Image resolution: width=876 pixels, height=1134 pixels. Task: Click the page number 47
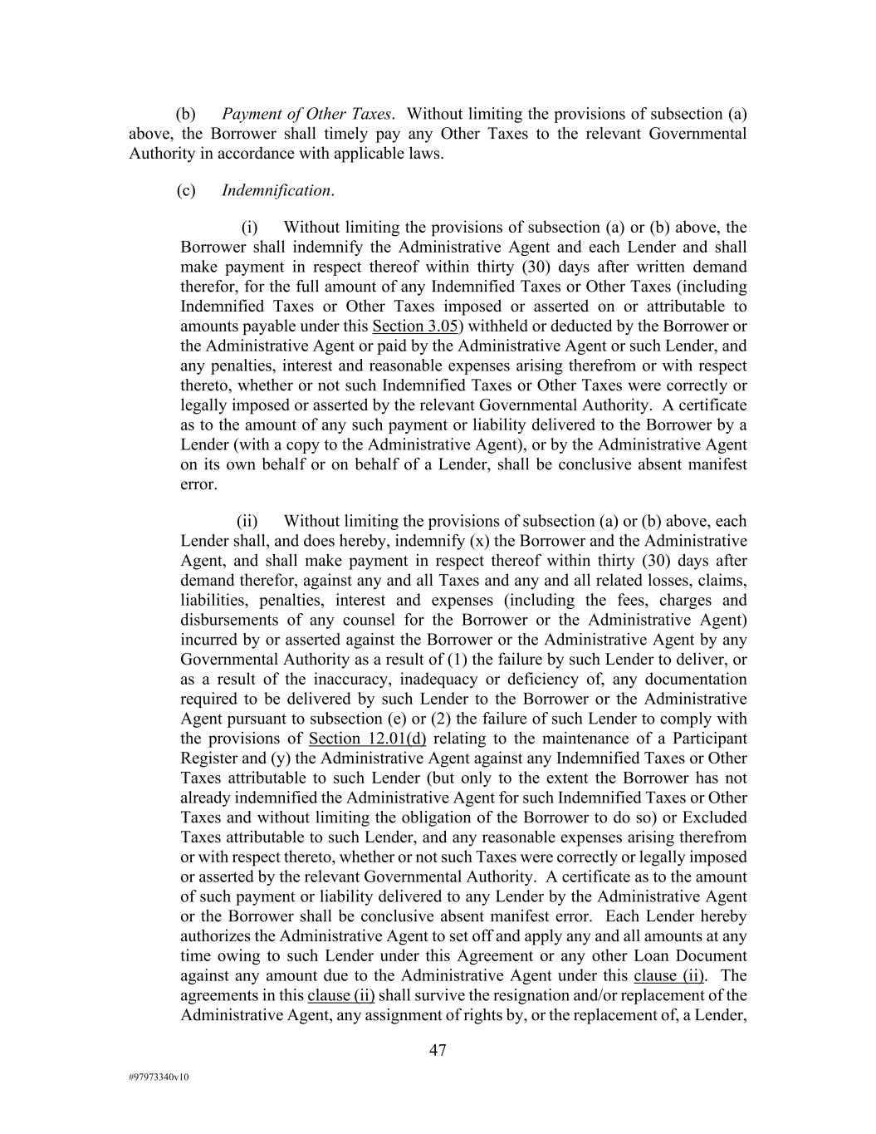click(438, 1050)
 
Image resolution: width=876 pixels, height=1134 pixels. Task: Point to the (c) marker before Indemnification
click(186, 190)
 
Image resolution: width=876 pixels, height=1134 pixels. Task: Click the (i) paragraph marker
click(250, 227)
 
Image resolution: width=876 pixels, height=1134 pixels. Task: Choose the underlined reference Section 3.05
click(417, 326)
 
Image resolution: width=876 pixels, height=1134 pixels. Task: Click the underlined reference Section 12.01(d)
click(367, 738)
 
